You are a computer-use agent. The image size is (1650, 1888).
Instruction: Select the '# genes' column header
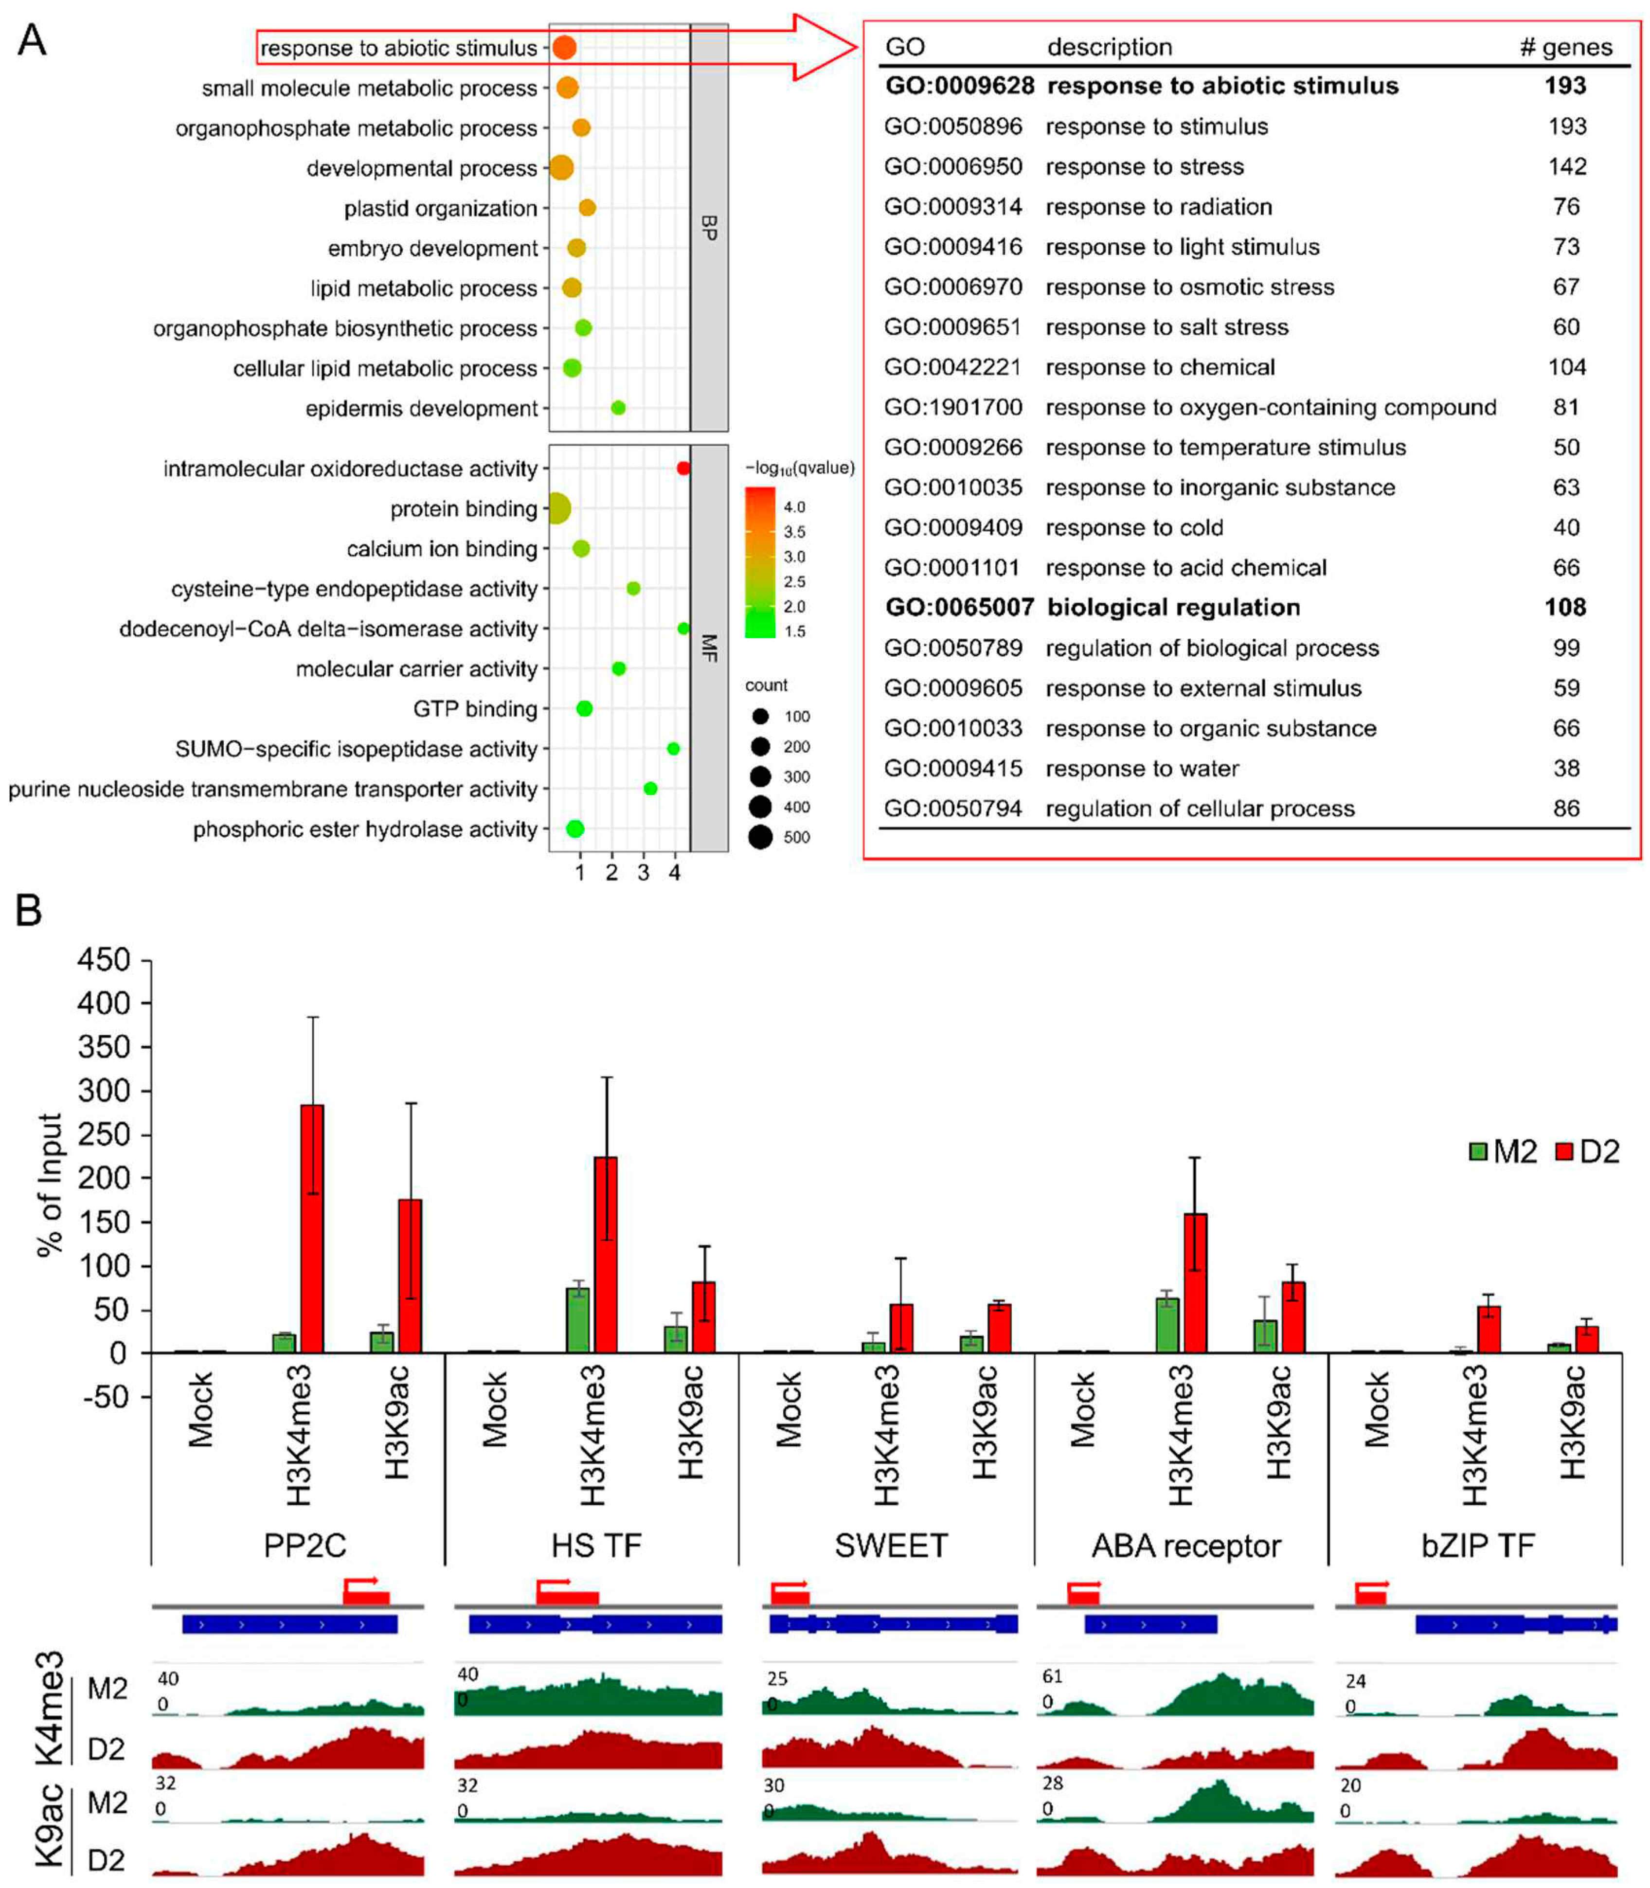1565,47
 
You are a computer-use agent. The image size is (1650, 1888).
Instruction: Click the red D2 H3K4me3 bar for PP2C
312,1228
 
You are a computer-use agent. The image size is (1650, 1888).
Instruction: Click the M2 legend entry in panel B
1503,1151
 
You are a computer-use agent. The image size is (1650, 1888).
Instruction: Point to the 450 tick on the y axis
103,960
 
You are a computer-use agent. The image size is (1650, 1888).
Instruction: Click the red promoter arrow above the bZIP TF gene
1371,1591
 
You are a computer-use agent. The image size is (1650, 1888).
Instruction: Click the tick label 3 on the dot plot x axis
643,872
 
